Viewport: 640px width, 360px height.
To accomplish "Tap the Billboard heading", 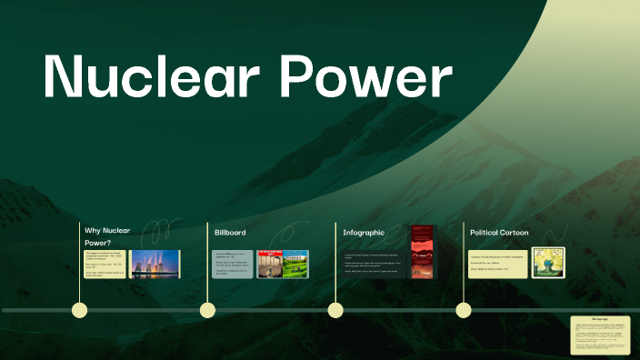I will [x=230, y=233].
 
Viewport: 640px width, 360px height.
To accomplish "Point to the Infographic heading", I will [x=364, y=233].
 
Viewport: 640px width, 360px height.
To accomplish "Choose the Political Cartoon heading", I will [x=499, y=233].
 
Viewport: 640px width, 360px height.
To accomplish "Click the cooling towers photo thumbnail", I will [x=155, y=264].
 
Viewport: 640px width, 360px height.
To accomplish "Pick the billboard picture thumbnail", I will [x=283, y=264].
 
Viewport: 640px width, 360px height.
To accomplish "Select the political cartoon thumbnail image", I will [x=548, y=263].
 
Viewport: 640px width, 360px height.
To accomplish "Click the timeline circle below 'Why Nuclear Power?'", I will [x=80, y=310].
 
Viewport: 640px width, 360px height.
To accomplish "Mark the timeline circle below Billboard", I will [x=208, y=310].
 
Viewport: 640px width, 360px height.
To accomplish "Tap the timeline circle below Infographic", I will [x=335, y=310].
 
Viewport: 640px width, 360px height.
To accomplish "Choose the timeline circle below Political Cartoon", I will [x=464, y=310].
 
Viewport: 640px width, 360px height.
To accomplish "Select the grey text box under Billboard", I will [x=232, y=264].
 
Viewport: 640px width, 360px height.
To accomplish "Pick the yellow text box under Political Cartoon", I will [x=497, y=264].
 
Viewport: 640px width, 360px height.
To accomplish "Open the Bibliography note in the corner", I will [x=600, y=335].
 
